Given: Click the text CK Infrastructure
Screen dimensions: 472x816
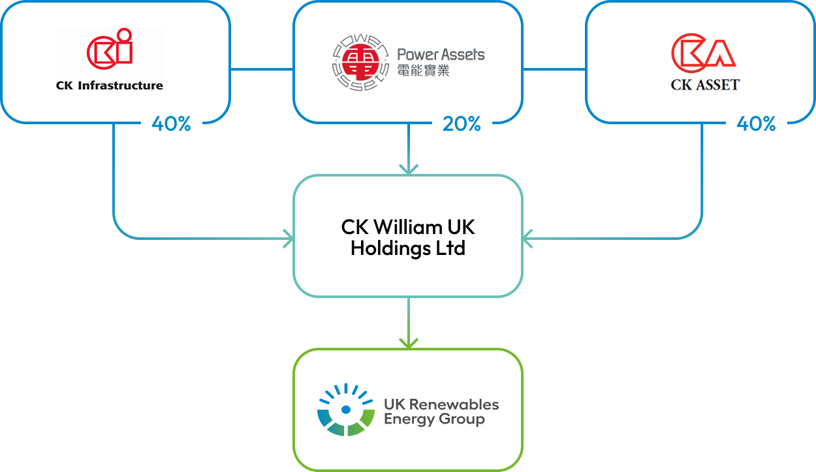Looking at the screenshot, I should tap(110, 85).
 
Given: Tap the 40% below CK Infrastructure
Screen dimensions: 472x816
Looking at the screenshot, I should tap(171, 124).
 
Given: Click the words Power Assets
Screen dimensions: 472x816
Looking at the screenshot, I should tap(441, 54).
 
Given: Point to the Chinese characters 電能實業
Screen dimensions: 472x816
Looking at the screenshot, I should tap(423, 70).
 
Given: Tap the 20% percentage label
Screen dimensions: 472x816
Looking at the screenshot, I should tap(462, 124).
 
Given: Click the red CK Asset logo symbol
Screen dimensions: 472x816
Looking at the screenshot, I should tap(704, 51).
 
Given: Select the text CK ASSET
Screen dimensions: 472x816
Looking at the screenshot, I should tap(705, 84).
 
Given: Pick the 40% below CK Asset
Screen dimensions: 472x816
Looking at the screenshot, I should tap(756, 124).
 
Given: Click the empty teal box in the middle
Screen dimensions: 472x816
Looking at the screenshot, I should tap(408, 235).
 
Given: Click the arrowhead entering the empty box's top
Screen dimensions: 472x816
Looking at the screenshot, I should tap(408, 170).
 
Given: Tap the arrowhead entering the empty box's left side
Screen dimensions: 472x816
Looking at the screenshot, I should tap(288, 239).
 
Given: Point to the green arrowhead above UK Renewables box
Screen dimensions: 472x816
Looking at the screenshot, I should tap(408, 343).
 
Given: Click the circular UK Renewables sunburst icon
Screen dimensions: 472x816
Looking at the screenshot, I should tap(346, 410).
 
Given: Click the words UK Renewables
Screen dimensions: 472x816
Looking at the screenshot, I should tap(441, 404).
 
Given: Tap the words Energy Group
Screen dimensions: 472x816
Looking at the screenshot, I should tap(434, 419).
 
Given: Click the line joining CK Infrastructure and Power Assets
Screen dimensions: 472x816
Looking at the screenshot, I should tap(261, 69).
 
